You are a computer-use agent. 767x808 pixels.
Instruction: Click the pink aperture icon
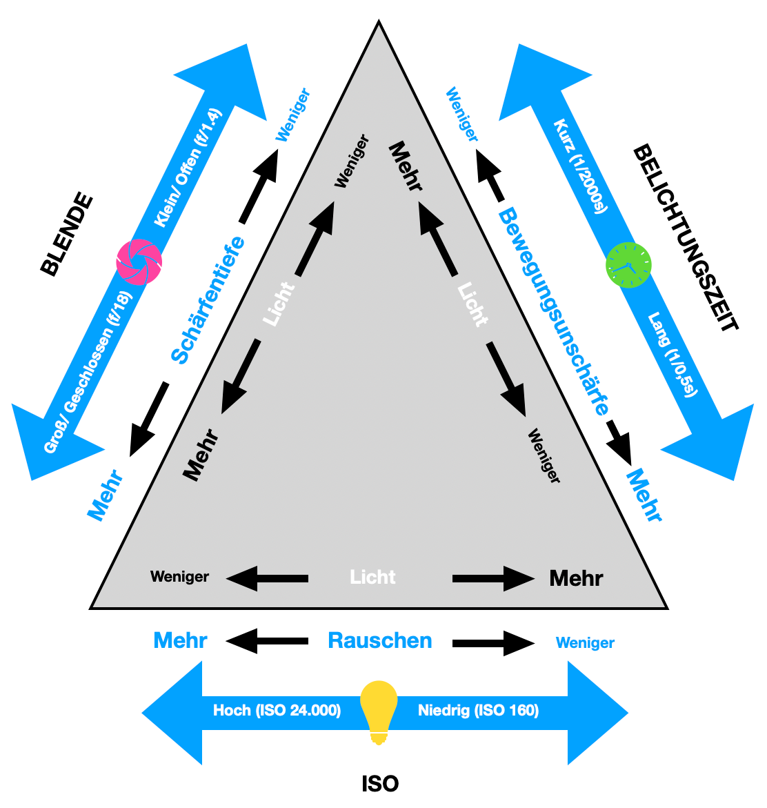tap(139, 262)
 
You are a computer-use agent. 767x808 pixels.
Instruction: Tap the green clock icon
tap(628, 265)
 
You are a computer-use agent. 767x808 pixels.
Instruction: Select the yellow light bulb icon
tap(379, 711)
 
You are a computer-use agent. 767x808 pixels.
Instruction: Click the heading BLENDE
tap(66, 235)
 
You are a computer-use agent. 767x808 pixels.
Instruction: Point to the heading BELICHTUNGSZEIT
tap(686, 237)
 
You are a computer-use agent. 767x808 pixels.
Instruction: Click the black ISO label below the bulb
tap(380, 784)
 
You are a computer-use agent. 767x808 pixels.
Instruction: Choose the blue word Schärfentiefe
tap(208, 299)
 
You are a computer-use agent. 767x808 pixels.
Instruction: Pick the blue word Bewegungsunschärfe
tap(554, 311)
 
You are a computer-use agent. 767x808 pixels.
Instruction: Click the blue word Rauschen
tap(380, 640)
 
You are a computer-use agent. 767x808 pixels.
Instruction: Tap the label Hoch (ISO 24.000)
tap(277, 711)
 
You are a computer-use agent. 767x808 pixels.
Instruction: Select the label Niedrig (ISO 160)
tap(478, 711)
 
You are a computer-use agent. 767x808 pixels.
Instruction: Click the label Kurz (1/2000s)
tap(581, 166)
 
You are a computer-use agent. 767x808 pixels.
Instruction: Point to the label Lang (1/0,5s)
tap(673, 355)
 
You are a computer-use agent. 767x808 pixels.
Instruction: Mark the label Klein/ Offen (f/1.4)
tap(188, 168)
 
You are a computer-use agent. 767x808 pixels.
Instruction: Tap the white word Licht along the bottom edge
tap(372, 577)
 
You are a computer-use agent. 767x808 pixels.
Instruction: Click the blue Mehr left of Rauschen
tap(180, 640)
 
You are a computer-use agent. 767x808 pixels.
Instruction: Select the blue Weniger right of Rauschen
tap(585, 643)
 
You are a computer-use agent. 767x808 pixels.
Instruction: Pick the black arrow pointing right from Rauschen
tap(493, 643)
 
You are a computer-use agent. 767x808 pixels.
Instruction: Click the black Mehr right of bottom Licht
tap(576, 578)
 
